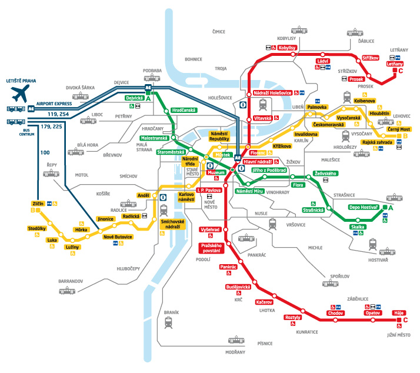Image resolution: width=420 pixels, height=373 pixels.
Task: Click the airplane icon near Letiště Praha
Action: tap(19, 93)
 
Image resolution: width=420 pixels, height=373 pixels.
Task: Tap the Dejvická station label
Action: tap(134, 98)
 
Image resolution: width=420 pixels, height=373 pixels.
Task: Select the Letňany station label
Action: tap(395, 64)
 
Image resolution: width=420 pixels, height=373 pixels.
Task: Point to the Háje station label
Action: tap(398, 313)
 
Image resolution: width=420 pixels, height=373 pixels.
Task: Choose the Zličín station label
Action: tap(39, 203)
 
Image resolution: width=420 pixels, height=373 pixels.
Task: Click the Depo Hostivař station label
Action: tap(364, 207)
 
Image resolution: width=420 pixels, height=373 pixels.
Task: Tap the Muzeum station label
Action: tap(217, 172)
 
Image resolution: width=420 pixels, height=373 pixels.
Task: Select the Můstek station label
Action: tap(223, 154)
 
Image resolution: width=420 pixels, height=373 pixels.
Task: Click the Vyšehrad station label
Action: tap(209, 229)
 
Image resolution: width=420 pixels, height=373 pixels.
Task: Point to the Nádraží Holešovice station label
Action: tap(272, 93)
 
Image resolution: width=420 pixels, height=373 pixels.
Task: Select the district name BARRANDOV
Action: tap(71, 281)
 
